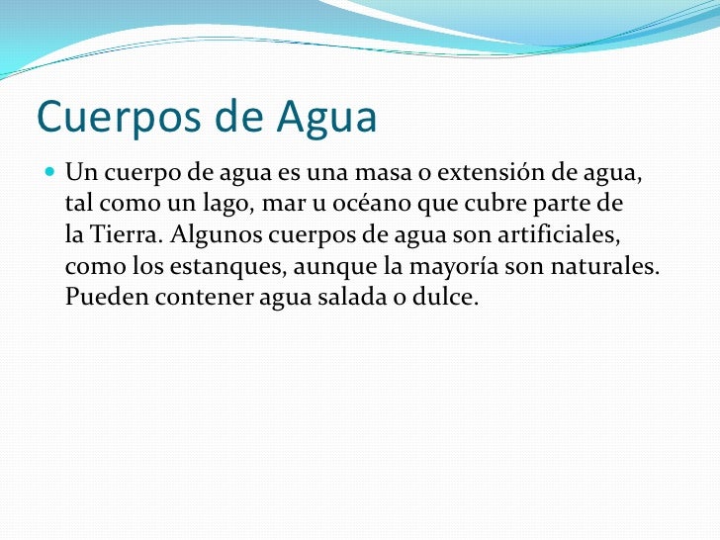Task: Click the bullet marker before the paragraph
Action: tap(50, 175)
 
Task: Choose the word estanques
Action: tap(198, 267)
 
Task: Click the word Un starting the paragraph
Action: tap(78, 176)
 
